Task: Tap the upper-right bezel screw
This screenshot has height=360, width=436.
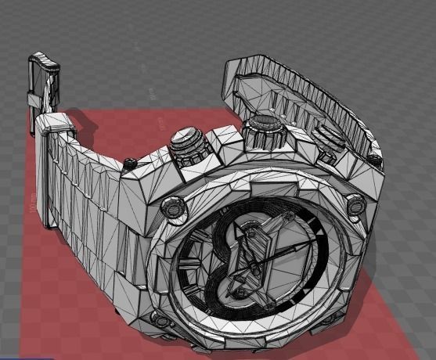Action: coord(356,204)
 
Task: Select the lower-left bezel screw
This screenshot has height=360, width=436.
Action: coord(161,320)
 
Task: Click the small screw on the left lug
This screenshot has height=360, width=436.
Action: coord(131,162)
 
